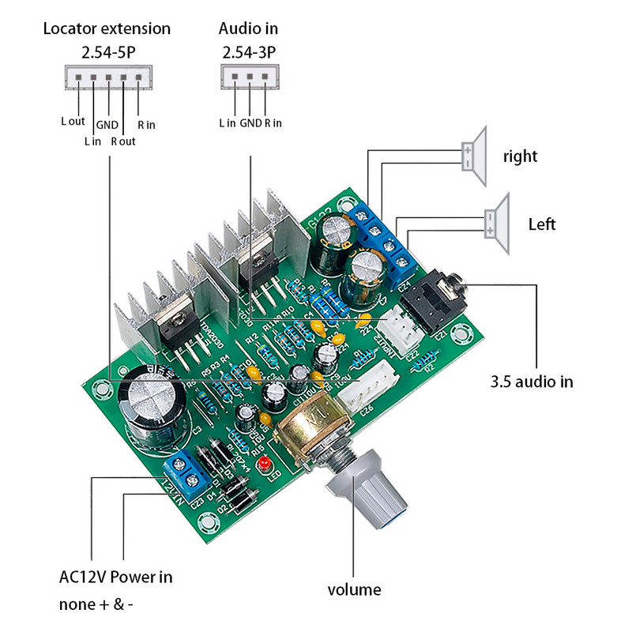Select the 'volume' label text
point(355,590)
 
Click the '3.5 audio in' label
point(532,382)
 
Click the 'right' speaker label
point(520,156)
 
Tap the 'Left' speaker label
point(542,224)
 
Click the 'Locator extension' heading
point(107,29)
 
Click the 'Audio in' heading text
point(248,29)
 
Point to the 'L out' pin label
point(73,122)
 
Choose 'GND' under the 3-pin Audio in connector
point(250,123)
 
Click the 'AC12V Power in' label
point(115,577)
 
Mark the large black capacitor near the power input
point(155,407)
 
